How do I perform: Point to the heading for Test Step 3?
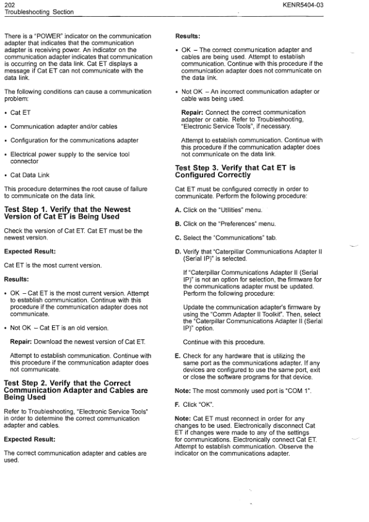click(x=235, y=171)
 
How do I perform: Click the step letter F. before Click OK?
click(x=178, y=404)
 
